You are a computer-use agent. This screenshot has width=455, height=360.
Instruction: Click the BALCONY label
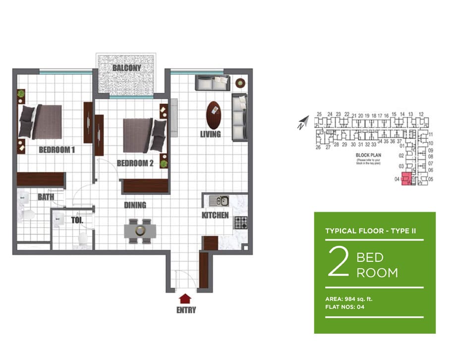(x=126, y=68)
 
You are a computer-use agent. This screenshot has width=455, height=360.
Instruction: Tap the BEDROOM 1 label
(x=57, y=149)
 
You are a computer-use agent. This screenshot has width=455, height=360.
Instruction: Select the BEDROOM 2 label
(x=135, y=163)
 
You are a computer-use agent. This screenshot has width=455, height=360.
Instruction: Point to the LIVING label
(x=211, y=134)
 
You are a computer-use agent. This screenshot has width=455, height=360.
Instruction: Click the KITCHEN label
(x=215, y=215)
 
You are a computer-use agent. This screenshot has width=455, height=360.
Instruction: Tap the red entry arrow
(x=185, y=298)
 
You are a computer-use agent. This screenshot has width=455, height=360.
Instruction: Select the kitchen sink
(x=219, y=201)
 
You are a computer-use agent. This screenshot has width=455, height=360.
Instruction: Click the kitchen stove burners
(x=240, y=223)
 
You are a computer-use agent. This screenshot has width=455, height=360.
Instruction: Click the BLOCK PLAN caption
(x=367, y=155)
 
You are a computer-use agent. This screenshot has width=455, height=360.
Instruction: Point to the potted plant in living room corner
(x=240, y=82)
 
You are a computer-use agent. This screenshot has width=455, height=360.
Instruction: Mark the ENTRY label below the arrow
(x=185, y=310)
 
